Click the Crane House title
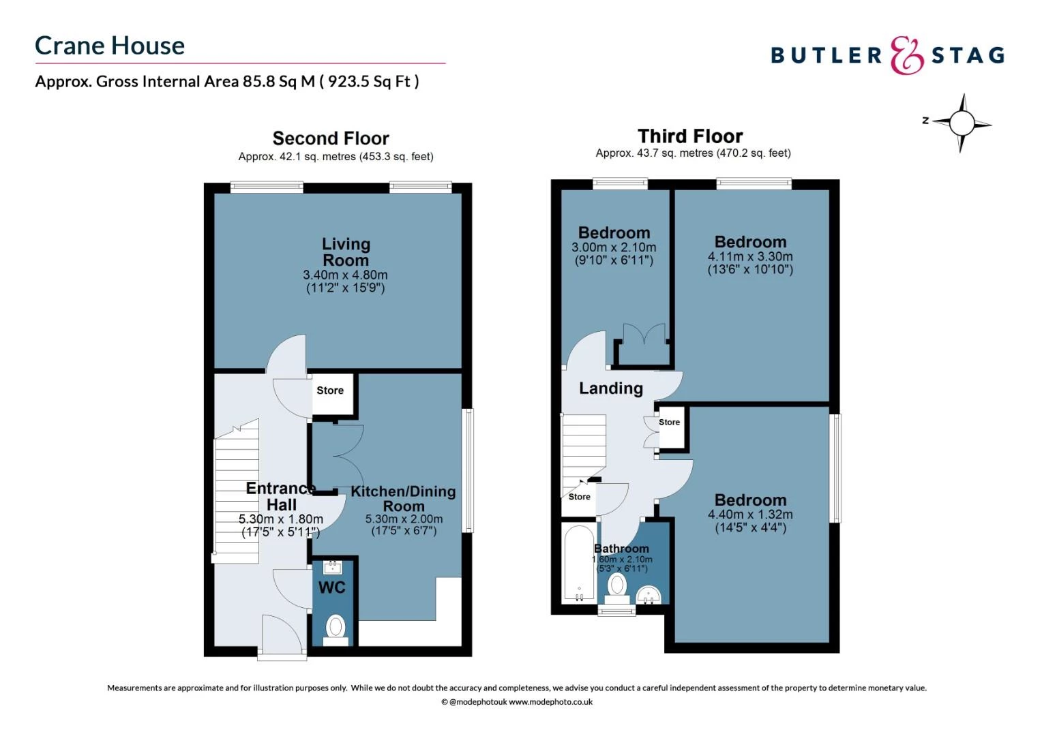(x=110, y=46)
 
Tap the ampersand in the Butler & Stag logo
(x=906, y=55)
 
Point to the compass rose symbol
(x=962, y=123)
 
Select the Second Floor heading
(x=331, y=138)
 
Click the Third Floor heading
(x=690, y=136)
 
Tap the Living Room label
(x=346, y=251)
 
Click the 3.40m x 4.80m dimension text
(x=345, y=275)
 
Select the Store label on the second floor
(x=330, y=390)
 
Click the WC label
(x=331, y=587)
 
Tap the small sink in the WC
(x=333, y=567)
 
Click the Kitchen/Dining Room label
(x=403, y=498)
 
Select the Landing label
(x=611, y=388)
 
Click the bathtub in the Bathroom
(x=579, y=563)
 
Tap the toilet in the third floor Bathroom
(x=617, y=588)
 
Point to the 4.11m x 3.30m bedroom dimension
(x=750, y=256)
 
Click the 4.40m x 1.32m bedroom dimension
(x=750, y=515)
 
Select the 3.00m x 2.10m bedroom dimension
(x=614, y=247)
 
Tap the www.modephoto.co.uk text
(x=550, y=702)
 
